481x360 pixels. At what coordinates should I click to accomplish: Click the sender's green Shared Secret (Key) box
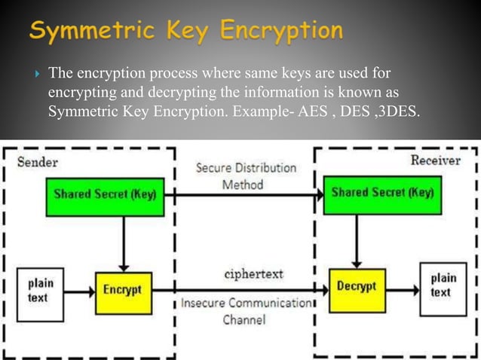tap(105, 194)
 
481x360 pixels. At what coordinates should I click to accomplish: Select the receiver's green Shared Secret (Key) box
tap(382, 192)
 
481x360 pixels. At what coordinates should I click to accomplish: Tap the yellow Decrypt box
tap(356, 288)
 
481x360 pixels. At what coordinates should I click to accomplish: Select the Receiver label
tap(435, 160)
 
